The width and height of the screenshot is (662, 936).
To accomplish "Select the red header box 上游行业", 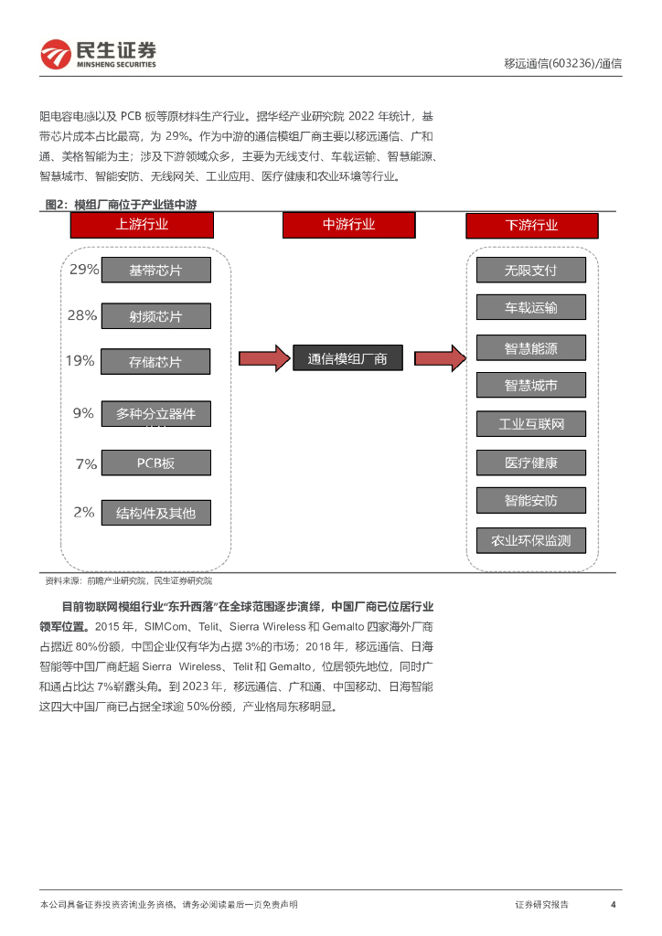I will tap(142, 225).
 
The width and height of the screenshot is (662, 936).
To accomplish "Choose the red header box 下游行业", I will tap(531, 226).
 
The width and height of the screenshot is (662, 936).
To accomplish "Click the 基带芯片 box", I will tap(155, 271).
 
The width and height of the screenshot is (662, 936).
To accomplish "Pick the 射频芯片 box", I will tap(155, 316).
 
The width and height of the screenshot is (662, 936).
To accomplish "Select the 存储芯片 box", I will tap(155, 362).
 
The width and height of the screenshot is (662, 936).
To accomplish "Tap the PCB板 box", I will tap(155, 463).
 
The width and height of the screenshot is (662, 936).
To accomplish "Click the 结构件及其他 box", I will tap(155, 513).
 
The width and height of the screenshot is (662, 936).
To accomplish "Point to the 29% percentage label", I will tap(84, 270).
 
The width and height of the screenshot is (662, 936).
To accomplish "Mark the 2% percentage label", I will tap(84, 512).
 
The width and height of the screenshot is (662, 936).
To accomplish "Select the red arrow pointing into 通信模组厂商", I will tap(263, 358).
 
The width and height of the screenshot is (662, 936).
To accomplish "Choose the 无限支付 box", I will tap(530, 271).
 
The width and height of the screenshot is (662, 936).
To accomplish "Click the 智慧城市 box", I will tap(530, 385).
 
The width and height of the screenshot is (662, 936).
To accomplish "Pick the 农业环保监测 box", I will tap(530, 540).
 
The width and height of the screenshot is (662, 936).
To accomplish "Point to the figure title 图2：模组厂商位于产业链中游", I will tap(122, 205).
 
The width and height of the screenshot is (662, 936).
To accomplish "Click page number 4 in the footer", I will tap(613, 905).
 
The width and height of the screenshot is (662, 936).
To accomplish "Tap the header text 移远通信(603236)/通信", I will tap(562, 64).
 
